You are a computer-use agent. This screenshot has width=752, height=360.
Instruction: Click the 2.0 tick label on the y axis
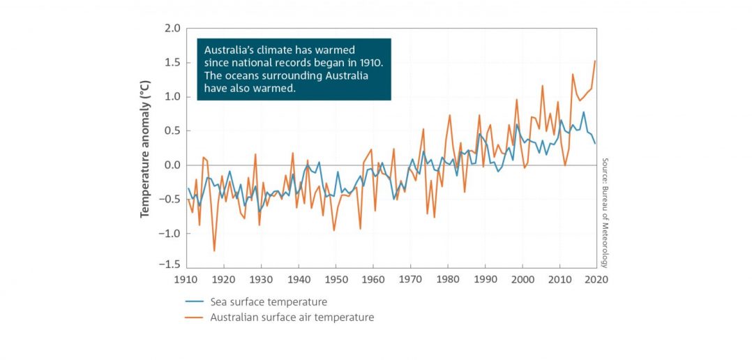171,29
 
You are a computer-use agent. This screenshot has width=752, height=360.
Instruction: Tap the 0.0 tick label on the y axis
171,165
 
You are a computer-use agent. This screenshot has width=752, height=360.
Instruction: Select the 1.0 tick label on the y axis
171,97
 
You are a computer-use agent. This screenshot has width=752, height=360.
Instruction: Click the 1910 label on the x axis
186,279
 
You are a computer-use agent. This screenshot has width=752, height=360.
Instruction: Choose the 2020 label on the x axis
597,279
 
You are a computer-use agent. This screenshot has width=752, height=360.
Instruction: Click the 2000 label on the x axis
522,279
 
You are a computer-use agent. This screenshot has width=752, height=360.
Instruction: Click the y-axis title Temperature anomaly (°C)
146,148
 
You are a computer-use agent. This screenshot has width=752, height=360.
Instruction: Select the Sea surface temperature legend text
269,302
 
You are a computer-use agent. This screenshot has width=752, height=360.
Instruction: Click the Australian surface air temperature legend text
292,317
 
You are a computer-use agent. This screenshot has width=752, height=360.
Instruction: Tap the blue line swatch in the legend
195,302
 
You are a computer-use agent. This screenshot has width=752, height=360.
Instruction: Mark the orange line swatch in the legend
195,317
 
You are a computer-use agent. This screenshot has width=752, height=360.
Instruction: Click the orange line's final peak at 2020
595,61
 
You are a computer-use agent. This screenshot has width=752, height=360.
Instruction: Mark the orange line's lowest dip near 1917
214,250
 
